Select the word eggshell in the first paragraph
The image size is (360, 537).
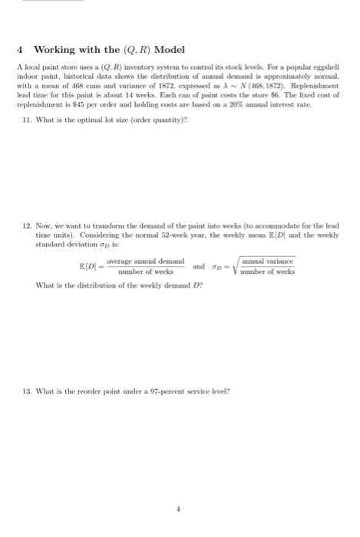[324, 68]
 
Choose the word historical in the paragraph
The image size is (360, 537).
[71, 76]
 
